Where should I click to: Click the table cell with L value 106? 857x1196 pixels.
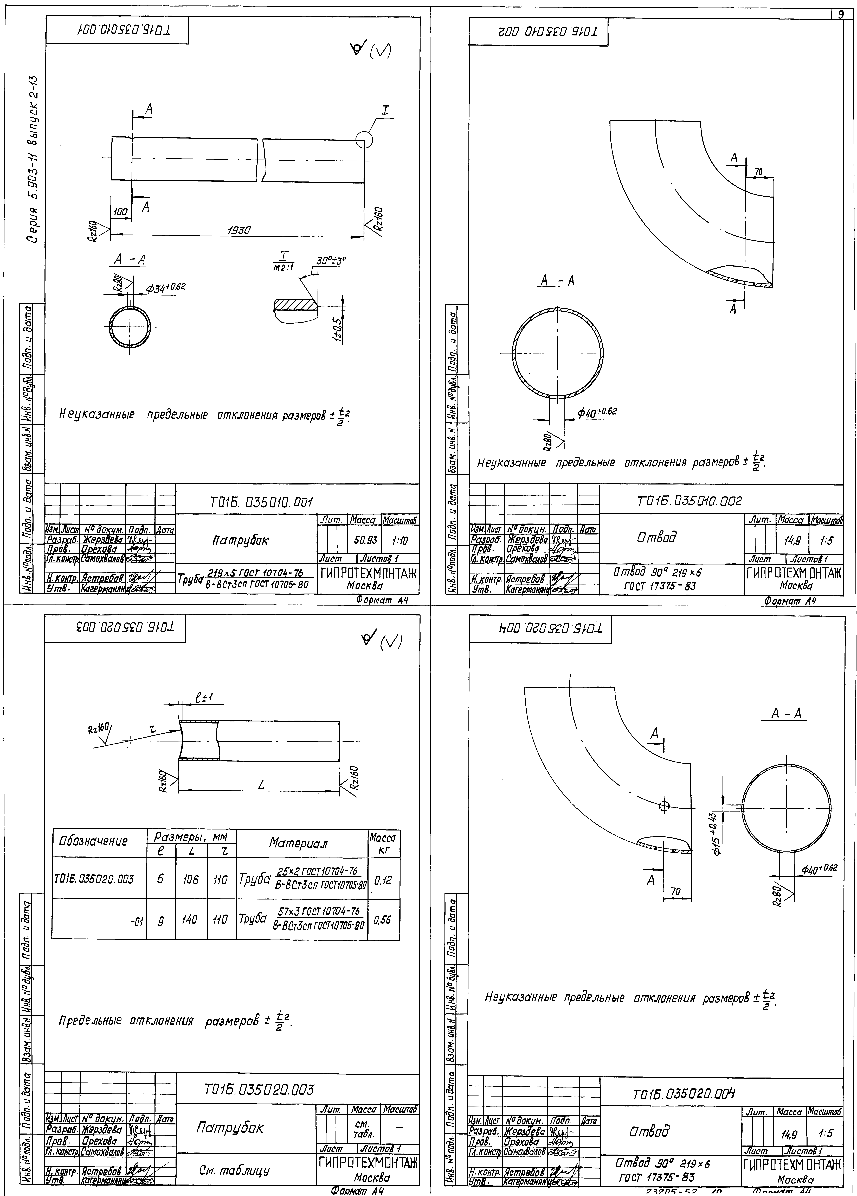pos(191,879)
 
